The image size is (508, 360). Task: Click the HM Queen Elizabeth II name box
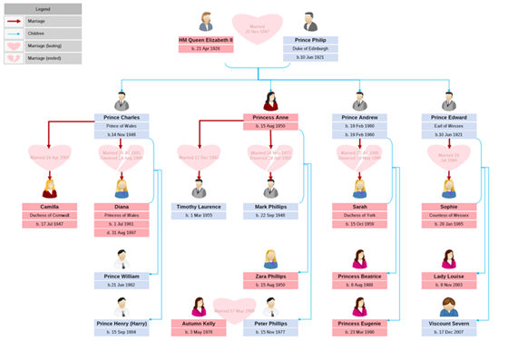[x=206, y=41]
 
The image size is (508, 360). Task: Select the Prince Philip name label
[x=311, y=41]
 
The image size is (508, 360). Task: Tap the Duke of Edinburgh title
[x=311, y=49]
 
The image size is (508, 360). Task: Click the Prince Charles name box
[x=122, y=118]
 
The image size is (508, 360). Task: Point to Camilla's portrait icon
[x=49, y=188]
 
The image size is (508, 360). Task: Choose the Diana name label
[x=122, y=207]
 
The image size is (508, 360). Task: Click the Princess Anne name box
[x=270, y=118]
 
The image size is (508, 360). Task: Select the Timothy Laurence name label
[x=199, y=207]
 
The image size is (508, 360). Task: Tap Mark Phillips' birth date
[x=270, y=215]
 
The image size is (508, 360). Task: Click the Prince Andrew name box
[x=360, y=118]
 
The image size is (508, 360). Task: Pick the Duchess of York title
[x=360, y=215]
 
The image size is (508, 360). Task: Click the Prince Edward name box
[x=449, y=118]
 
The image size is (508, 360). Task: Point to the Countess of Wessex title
[x=449, y=215]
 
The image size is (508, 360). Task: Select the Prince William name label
[x=122, y=276]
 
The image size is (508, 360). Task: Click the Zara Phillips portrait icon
[x=270, y=258]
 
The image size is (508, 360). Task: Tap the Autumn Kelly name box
[x=199, y=323]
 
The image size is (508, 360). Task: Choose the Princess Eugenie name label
[x=360, y=323]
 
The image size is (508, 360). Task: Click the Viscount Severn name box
[x=449, y=323]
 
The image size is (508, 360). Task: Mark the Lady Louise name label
[x=449, y=276]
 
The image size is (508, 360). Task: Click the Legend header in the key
[x=42, y=8]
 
